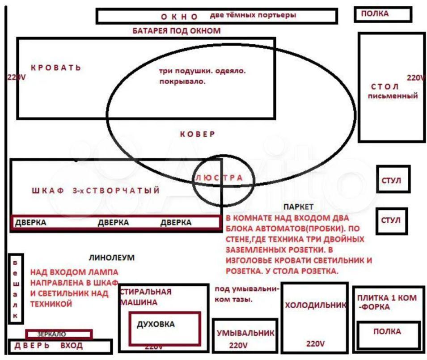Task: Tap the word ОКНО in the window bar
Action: tap(179, 17)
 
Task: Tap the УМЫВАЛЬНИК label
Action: tap(245, 333)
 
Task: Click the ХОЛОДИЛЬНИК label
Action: tap(316, 305)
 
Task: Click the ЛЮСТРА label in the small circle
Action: tap(219, 178)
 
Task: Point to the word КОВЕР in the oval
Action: tap(198, 134)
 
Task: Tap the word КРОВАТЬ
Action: tap(56, 68)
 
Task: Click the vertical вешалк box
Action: tap(16, 288)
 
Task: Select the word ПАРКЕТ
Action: tap(299, 207)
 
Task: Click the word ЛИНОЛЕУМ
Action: tap(112, 258)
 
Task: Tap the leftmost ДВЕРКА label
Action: tap(30, 222)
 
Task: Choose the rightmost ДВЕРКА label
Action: tap(176, 222)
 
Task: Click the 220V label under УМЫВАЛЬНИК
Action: tap(238, 345)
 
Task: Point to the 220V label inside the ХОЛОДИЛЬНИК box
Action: tap(315, 343)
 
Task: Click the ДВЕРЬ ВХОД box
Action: tap(60, 347)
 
